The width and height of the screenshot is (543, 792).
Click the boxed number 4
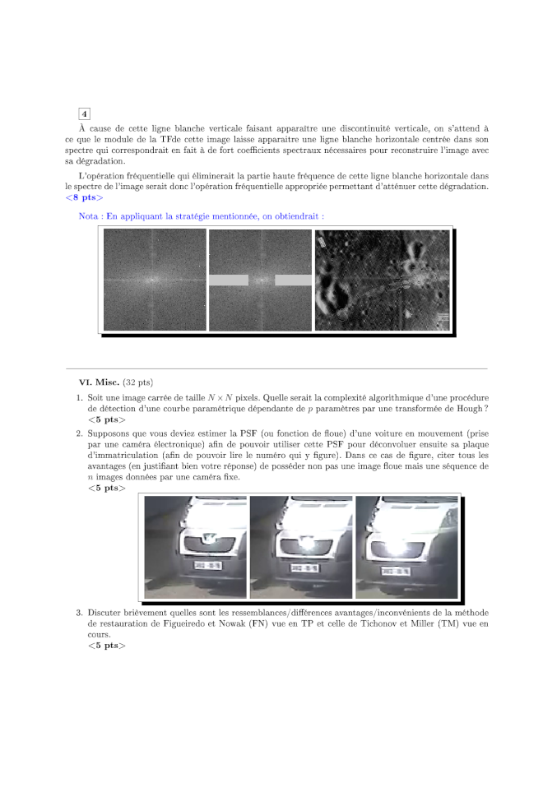[x=85, y=113]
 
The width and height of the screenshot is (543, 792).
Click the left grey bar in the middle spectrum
[x=229, y=280]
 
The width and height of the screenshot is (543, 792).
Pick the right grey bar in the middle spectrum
[x=293, y=280]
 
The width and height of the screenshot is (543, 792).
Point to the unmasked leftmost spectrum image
[x=155, y=280]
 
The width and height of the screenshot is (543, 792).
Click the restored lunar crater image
[x=383, y=280]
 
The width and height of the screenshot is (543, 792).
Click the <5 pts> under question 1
[x=106, y=419]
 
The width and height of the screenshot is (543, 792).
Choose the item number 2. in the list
[x=80, y=433]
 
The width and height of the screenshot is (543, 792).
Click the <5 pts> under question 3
[x=106, y=646]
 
